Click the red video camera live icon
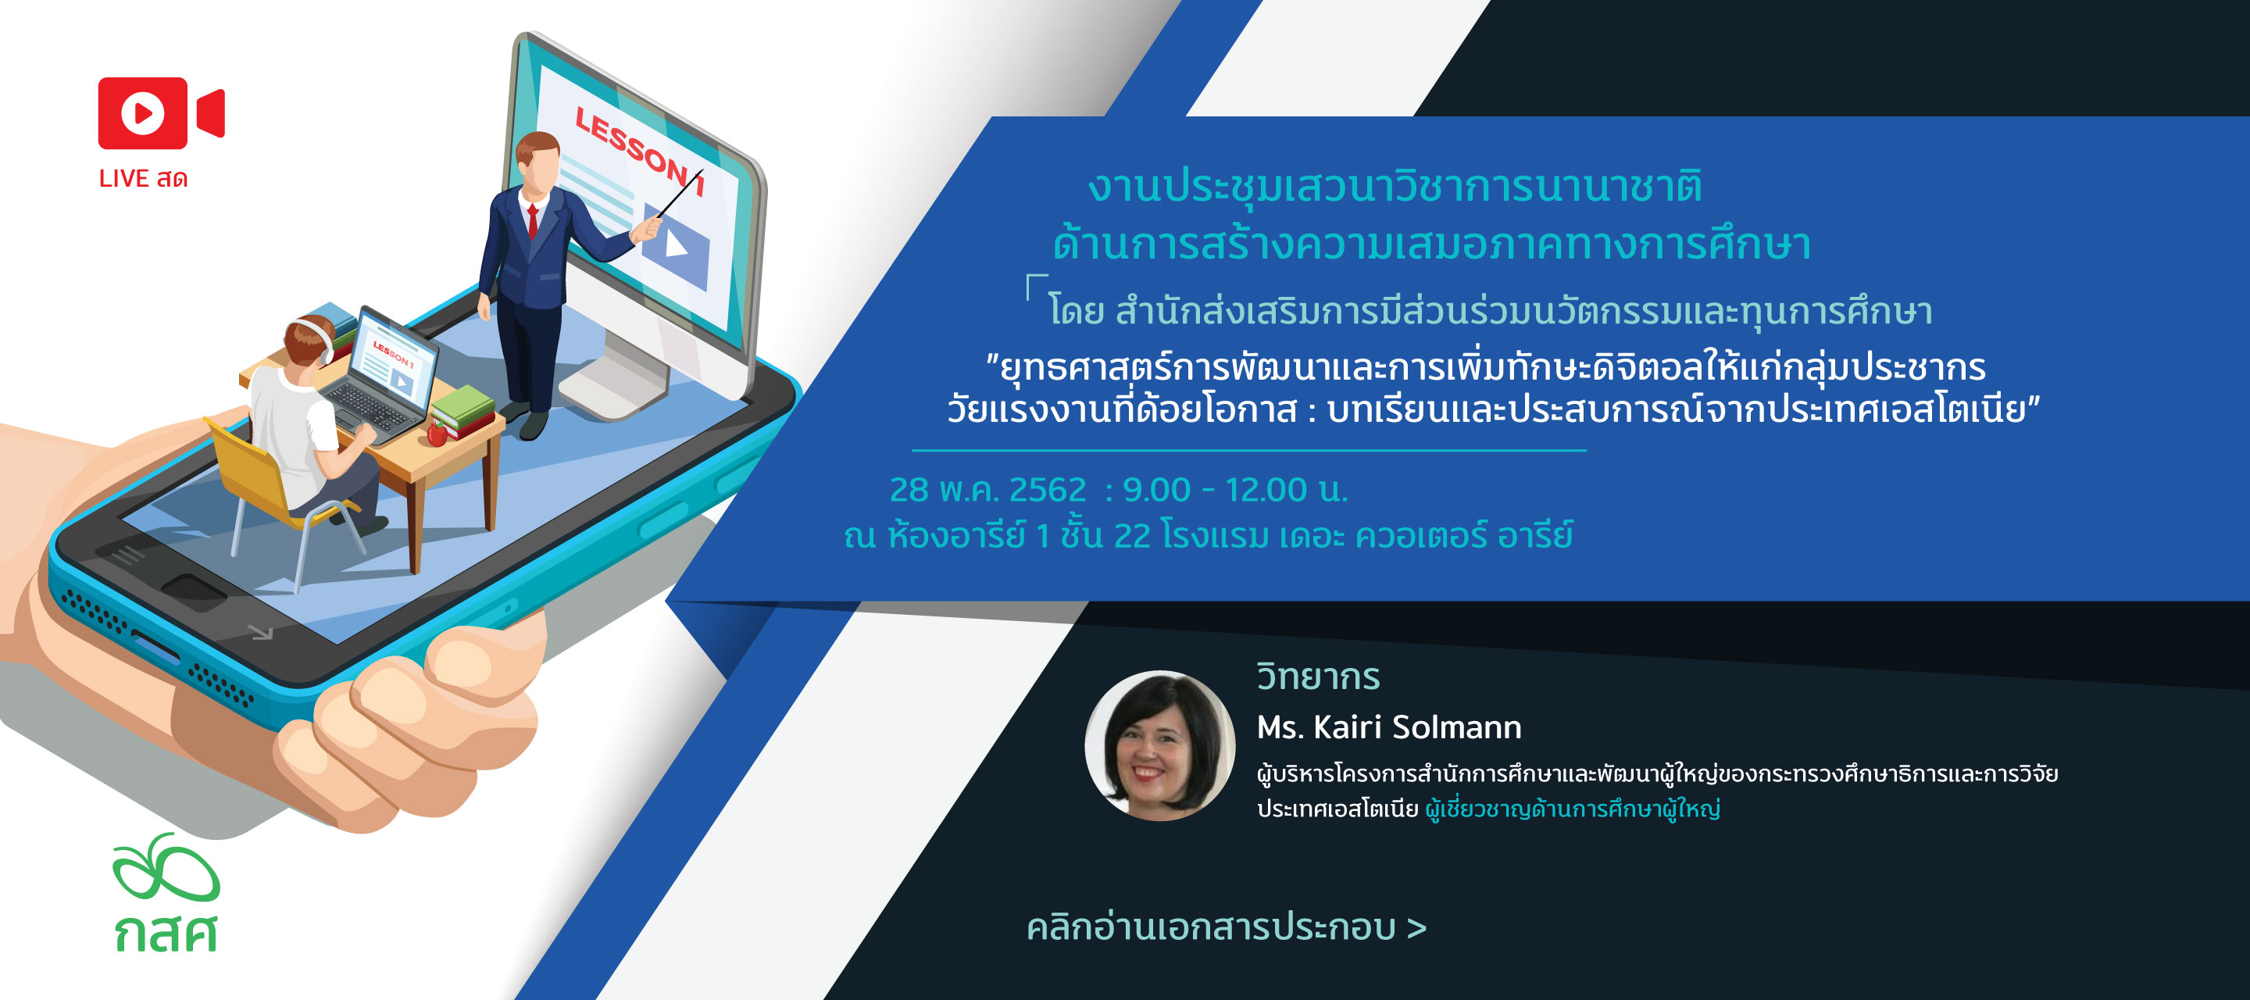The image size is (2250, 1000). pyautogui.click(x=161, y=112)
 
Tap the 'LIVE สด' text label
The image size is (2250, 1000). pyautogui.click(x=143, y=178)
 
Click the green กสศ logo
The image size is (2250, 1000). pyautogui.click(x=166, y=891)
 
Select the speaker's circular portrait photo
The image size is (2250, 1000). pyautogui.click(x=1160, y=745)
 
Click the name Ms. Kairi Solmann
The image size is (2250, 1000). pyautogui.click(x=1389, y=727)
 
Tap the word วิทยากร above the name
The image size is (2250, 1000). pyautogui.click(x=1318, y=677)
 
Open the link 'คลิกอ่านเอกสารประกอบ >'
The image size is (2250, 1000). pyautogui.click(x=1227, y=927)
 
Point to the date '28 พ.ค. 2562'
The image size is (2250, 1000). pyautogui.click(x=987, y=490)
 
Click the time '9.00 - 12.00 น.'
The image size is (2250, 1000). pyautogui.click(x=1235, y=490)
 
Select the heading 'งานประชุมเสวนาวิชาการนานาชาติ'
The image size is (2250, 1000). pyautogui.click(x=1395, y=185)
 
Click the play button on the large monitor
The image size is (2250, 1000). pyautogui.click(x=675, y=245)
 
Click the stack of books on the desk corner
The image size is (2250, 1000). pyautogui.click(x=464, y=412)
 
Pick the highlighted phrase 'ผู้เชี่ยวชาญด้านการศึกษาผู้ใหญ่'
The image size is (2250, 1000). pyautogui.click(x=1572, y=809)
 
